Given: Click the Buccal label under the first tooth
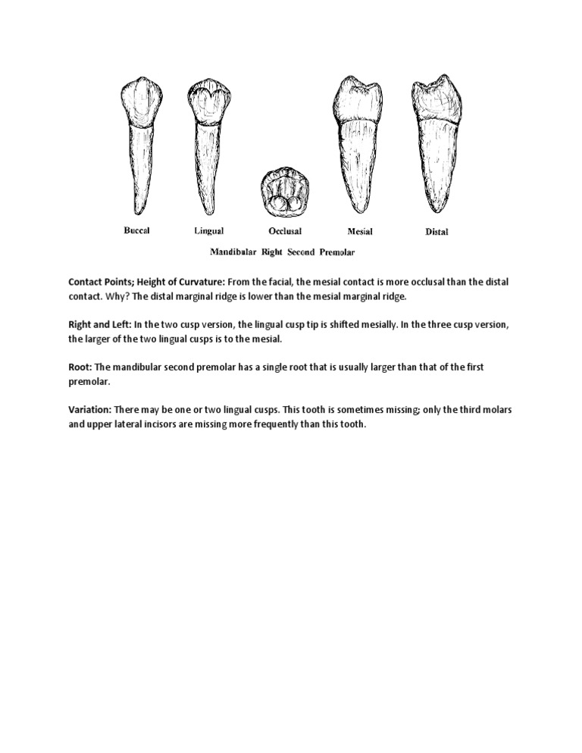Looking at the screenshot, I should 136,231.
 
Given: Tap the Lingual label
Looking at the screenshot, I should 209,231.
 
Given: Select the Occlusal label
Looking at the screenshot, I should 284,231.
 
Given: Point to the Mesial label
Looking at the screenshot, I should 359,232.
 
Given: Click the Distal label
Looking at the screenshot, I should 436,232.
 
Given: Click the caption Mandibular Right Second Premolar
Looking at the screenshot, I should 282,252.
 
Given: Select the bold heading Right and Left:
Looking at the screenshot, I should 100,324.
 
